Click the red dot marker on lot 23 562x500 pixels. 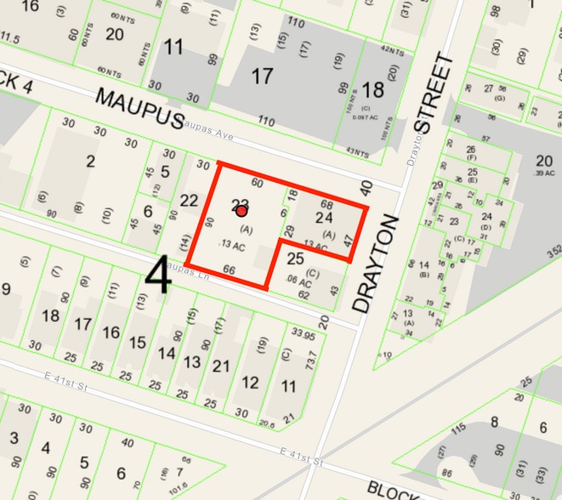pyautogui.click(x=241, y=210)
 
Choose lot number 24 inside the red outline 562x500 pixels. pyautogui.click(x=324, y=219)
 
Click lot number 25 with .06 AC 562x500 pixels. pyautogui.click(x=295, y=258)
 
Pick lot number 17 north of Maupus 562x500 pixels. pyautogui.click(x=262, y=77)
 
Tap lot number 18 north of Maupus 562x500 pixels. pyautogui.click(x=372, y=90)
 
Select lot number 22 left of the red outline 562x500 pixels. pyautogui.click(x=189, y=201)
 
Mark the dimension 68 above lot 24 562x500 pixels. pyautogui.click(x=326, y=205)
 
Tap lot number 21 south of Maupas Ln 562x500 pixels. pyautogui.click(x=222, y=366)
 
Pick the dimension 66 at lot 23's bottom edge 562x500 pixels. pyautogui.click(x=228, y=270)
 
